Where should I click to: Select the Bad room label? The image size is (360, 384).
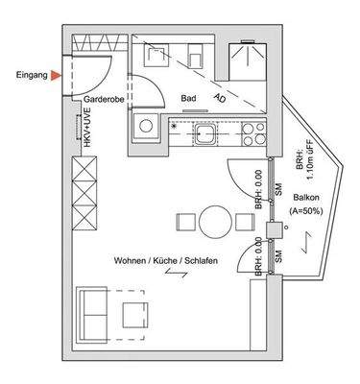(x=189, y=98)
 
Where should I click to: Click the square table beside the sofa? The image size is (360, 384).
(x=133, y=314)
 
